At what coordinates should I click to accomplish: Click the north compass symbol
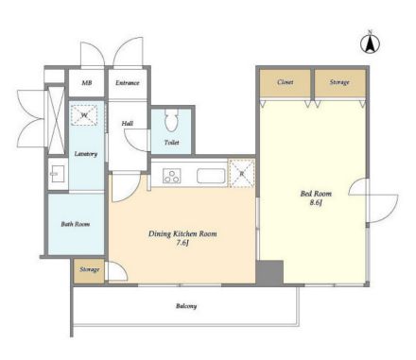(x=370, y=43)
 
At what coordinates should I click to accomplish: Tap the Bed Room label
(x=316, y=194)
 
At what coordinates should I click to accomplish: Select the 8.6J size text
(x=316, y=203)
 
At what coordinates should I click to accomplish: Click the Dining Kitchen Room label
(x=182, y=233)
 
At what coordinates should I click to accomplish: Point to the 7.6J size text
(x=182, y=243)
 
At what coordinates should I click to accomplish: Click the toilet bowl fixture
(x=171, y=120)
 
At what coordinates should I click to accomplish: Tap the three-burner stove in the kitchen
(x=172, y=176)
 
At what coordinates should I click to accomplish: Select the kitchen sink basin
(x=211, y=176)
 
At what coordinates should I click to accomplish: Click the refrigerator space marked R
(x=242, y=173)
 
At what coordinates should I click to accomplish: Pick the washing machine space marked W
(x=84, y=115)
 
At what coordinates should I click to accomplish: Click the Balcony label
(x=186, y=306)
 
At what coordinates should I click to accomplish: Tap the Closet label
(x=286, y=82)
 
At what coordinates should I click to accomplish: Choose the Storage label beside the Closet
(x=339, y=82)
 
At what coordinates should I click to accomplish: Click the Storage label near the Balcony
(x=90, y=269)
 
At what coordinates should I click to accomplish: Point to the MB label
(x=87, y=83)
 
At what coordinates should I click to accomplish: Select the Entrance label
(x=128, y=83)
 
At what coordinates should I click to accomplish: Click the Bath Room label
(x=76, y=224)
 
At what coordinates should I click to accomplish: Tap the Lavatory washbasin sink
(x=58, y=174)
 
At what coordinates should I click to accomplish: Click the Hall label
(x=128, y=124)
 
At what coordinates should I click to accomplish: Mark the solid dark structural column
(x=269, y=273)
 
